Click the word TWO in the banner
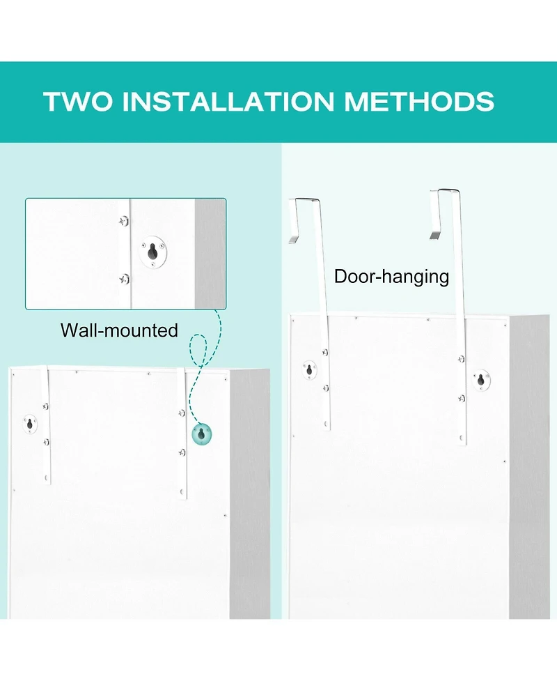coord(79,101)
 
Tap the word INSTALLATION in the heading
coord(228,101)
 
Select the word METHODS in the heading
coord(419,101)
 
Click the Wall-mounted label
coord(119,330)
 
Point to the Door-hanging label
coord(391,277)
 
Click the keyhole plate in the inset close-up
coord(153,252)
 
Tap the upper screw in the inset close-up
coord(124,221)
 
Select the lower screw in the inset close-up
coord(125,279)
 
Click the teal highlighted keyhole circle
coord(202,434)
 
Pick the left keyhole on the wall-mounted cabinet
coord(30,424)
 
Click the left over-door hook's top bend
coord(304,199)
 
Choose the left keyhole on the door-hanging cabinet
coord(309,370)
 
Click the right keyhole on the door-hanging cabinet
coord(480,381)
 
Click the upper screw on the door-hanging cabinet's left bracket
coord(325,353)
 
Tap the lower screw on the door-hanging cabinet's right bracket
coord(462,398)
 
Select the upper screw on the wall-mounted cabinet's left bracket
coord(45,406)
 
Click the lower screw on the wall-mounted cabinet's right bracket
coord(182,452)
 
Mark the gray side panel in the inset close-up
coord(210,254)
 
